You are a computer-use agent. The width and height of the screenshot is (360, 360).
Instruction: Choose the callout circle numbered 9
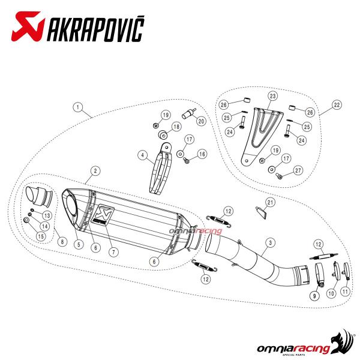coord(314,295)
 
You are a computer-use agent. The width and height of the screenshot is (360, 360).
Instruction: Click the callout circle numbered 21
coord(271,203)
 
